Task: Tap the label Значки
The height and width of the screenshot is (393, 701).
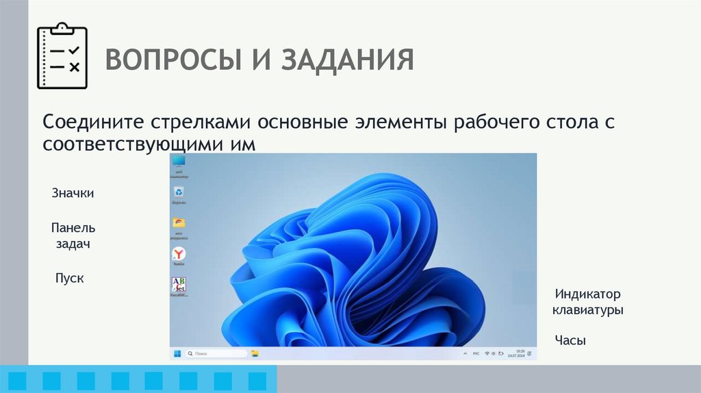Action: click(73, 194)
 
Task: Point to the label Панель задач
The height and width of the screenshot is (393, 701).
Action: click(73, 236)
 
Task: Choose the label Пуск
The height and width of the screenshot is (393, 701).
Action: click(69, 279)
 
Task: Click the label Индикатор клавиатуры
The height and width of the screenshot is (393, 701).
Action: click(588, 302)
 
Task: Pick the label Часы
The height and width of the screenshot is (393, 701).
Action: click(570, 340)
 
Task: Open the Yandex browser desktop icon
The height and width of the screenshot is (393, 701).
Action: click(179, 254)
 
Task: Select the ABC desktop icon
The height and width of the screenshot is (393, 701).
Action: click(179, 285)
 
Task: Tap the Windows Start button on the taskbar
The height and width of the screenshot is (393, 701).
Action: click(177, 354)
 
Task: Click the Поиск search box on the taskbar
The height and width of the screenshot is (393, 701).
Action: click(216, 354)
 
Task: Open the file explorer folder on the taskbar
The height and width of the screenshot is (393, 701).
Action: click(255, 354)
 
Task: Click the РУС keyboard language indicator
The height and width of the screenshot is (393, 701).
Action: click(476, 354)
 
